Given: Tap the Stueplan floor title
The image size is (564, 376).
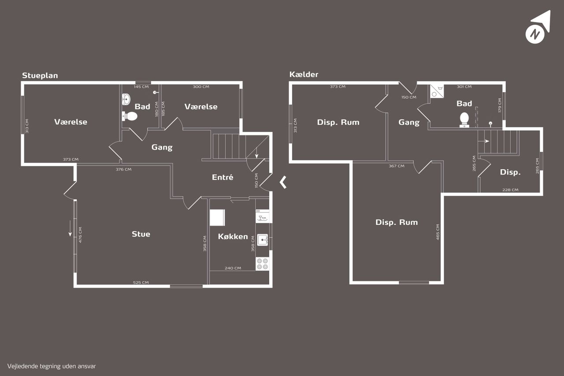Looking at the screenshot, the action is [x=40, y=75].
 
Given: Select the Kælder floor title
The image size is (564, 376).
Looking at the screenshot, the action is [x=304, y=74].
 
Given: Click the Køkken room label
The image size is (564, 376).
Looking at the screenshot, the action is [x=233, y=236].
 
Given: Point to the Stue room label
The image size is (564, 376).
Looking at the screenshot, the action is [x=141, y=234].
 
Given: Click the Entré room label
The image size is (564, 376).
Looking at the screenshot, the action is [x=223, y=177].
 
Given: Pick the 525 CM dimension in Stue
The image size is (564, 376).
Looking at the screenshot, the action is [x=141, y=283].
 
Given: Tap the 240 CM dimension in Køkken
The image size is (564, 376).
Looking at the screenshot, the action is [x=233, y=268].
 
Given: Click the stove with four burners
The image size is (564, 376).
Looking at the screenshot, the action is [x=262, y=264].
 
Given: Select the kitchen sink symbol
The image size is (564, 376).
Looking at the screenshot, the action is [x=263, y=240].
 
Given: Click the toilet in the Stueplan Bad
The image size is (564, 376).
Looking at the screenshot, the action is [x=130, y=116].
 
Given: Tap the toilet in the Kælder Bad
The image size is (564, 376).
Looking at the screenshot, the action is [x=464, y=120].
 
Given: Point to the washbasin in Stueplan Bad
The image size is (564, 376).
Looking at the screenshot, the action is [x=126, y=99].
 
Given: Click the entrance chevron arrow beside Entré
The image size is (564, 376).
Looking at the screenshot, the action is [x=283, y=182].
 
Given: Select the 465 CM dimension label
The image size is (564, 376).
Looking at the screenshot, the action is [x=438, y=232].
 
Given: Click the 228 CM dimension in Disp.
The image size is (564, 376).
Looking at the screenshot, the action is [x=510, y=190].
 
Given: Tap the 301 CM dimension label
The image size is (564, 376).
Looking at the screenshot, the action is [x=464, y=87].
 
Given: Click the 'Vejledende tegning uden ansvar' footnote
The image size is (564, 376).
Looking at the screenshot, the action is [x=52, y=366].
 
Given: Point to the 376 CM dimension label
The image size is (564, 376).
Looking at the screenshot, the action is [x=124, y=170].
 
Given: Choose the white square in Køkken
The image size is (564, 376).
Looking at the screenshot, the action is [x=217, y=218].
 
